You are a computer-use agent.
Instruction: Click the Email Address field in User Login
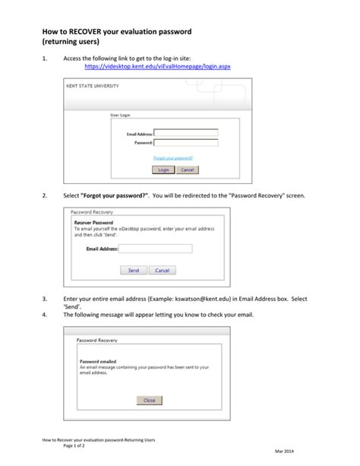(185, 133)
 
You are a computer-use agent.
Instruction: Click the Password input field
(185, 142)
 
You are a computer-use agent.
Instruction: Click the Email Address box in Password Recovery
(155, 249)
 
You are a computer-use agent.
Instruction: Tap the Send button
(133, 270)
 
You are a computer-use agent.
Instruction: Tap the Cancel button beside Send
(161, 270)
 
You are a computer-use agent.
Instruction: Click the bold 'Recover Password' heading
(93, 223)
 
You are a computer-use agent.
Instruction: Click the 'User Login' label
(122, 115)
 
